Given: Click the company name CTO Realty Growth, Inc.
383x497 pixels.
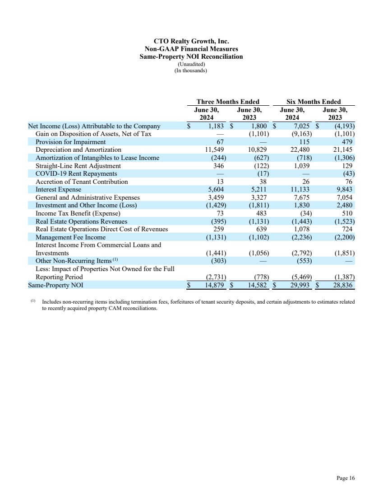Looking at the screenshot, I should coord(191,42).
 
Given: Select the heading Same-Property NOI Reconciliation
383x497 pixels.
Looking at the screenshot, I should coord(191,56).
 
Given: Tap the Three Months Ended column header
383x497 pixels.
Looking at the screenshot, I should coord(228,102).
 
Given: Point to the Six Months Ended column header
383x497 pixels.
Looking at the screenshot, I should coord(314,102).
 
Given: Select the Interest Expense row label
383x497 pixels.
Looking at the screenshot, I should coord(59,189).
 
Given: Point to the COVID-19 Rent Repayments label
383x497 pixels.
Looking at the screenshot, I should coord(76,173).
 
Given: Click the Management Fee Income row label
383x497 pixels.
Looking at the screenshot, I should coord(70,237).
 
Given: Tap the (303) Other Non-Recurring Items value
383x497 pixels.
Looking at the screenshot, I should coord(217,261).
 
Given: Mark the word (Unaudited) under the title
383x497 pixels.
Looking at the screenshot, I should coord(191,64).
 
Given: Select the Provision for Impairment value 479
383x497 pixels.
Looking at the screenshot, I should coord(347,142).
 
